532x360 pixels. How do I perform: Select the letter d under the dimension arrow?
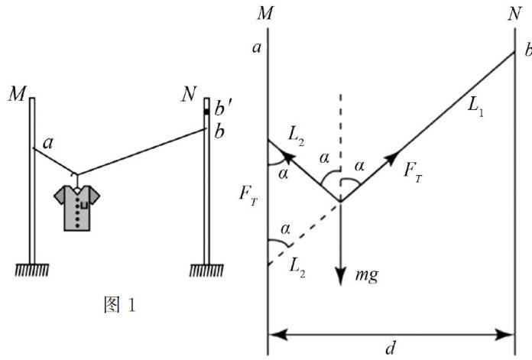point(390,349)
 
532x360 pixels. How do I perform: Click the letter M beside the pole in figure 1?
point(19,94)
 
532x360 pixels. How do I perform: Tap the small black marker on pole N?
point(206,112)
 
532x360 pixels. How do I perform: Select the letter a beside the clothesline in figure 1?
point(48,142)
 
